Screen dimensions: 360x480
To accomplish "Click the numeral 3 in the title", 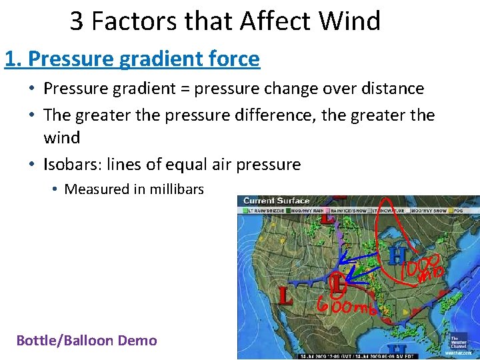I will pos(77,21).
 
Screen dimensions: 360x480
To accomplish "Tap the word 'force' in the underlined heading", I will pos(233,59).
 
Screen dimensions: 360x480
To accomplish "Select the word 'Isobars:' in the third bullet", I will pos(71,164).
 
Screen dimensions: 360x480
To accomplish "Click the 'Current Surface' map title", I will pos(276,201).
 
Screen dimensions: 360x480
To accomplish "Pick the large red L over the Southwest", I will pos(285,296).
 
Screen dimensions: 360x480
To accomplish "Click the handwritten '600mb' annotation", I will pos(347,307).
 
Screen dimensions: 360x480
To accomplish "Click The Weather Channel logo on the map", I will pos(459,341).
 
